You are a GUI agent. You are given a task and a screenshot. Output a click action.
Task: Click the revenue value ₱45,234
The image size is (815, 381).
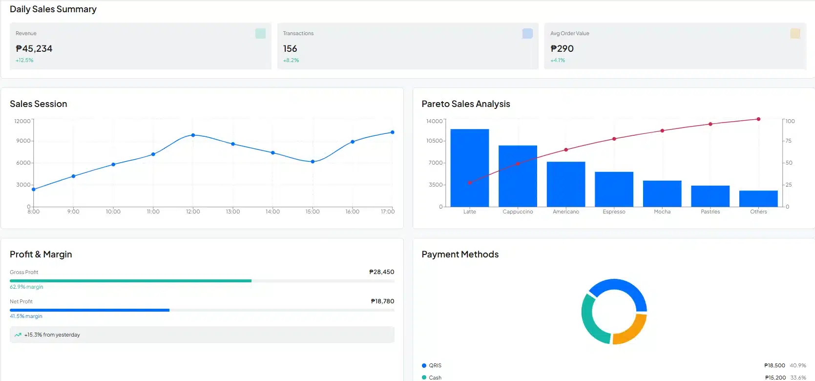[x=34, y=49]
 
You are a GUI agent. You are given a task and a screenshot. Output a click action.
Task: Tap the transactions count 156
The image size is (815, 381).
[x=290, y=49]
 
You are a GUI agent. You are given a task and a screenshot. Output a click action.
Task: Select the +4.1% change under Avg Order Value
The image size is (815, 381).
[x=558, y=61]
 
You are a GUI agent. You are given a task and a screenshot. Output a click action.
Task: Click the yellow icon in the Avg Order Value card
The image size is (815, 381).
[x=795, y=33]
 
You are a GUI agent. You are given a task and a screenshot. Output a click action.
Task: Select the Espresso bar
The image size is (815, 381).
[x=614, y=189]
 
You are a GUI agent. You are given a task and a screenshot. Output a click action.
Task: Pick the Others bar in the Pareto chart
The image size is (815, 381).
[x=758, y=198]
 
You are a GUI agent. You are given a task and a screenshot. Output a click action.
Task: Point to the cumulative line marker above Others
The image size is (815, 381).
[x=758, y=119]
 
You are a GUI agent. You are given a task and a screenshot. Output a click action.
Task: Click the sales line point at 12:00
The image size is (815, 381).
[x=193, y=135]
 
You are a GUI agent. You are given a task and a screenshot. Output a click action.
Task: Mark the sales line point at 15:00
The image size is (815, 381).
[x=313, y=162]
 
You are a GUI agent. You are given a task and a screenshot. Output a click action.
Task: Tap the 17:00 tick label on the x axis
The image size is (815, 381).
[x=388, y=212]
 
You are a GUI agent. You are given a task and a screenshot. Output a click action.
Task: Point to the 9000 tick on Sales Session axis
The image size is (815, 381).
[x=23, y=141]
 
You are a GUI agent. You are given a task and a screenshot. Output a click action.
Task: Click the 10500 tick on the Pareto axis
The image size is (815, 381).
[x=435, y=141]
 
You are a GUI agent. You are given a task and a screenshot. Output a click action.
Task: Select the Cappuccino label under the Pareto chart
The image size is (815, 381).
[x=518, y=212]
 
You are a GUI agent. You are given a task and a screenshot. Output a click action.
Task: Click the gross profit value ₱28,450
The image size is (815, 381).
[x=381, y=272]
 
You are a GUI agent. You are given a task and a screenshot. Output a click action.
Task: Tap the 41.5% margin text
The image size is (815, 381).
[x=26, y=317]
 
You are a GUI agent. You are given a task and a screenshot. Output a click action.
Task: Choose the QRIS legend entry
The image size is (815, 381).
[x=435, y=365]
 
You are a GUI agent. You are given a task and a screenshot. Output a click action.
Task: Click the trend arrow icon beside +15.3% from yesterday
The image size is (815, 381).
[x=18, y=335]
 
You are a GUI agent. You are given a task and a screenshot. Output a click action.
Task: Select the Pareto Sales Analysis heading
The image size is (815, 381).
[x=465, y=104]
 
